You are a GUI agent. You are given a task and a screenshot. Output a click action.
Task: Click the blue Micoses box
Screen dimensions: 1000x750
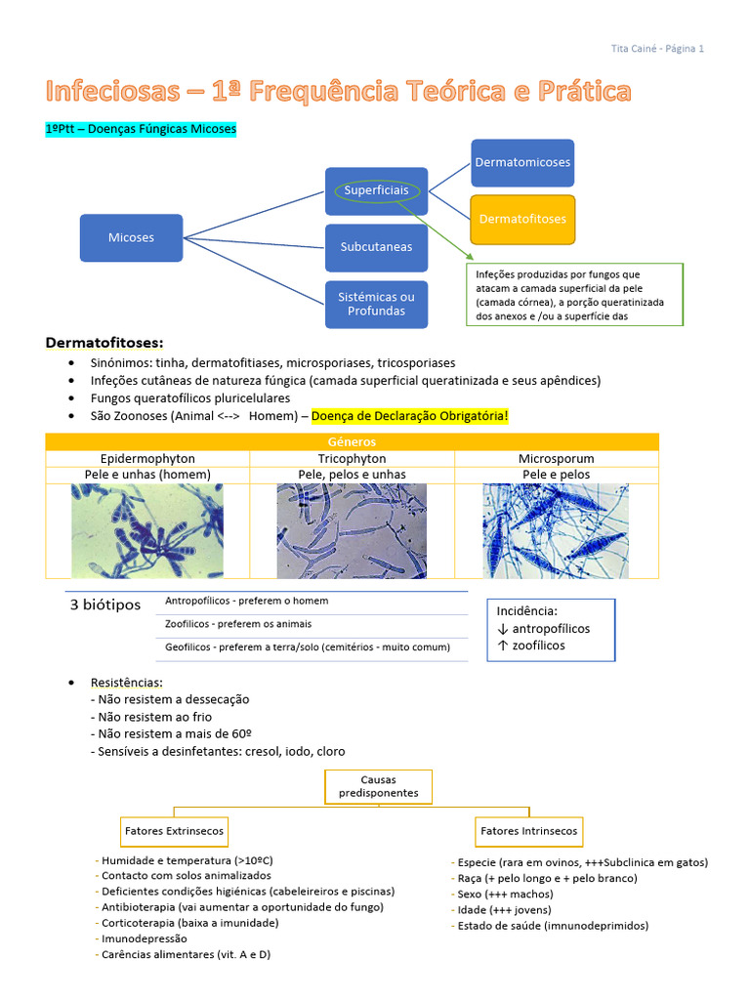(131, 237)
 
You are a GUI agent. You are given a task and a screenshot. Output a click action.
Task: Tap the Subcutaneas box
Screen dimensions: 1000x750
(376, 247)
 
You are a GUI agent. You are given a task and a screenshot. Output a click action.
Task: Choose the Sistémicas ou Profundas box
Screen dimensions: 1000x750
(376, 304)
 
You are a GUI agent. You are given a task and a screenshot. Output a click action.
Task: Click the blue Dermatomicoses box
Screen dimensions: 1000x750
(522, 162)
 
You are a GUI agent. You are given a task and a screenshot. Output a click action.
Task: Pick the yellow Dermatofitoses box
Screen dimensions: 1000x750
(522, 219)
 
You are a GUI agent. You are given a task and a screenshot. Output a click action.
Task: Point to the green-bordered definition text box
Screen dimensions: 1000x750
(574, 294)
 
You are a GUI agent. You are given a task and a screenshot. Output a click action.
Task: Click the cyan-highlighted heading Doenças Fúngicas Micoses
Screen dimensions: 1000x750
(141, 129)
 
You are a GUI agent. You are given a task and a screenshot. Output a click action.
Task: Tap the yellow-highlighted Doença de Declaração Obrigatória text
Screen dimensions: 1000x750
(410, 416)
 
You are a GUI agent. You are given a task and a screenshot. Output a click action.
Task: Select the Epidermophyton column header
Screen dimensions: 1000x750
(147, 458)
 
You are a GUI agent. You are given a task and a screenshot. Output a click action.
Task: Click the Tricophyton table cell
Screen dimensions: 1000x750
(352, 458)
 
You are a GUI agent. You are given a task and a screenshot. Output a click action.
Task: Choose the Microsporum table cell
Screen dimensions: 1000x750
(556, 458)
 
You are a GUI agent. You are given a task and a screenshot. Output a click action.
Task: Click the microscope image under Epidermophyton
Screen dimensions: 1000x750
(147, 531)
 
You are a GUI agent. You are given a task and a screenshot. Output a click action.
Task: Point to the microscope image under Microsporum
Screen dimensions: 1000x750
(556, 531)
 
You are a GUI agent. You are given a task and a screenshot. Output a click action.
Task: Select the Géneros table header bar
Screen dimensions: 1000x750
(353, 441)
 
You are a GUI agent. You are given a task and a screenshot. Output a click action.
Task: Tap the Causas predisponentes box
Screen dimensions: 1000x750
(378, 787)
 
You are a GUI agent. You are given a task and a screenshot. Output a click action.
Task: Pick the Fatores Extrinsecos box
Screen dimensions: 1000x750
(174, 831)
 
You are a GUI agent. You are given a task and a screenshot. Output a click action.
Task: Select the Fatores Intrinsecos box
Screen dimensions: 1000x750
(528, 831)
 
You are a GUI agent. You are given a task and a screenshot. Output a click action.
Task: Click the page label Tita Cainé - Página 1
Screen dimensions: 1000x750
(656, 48)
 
